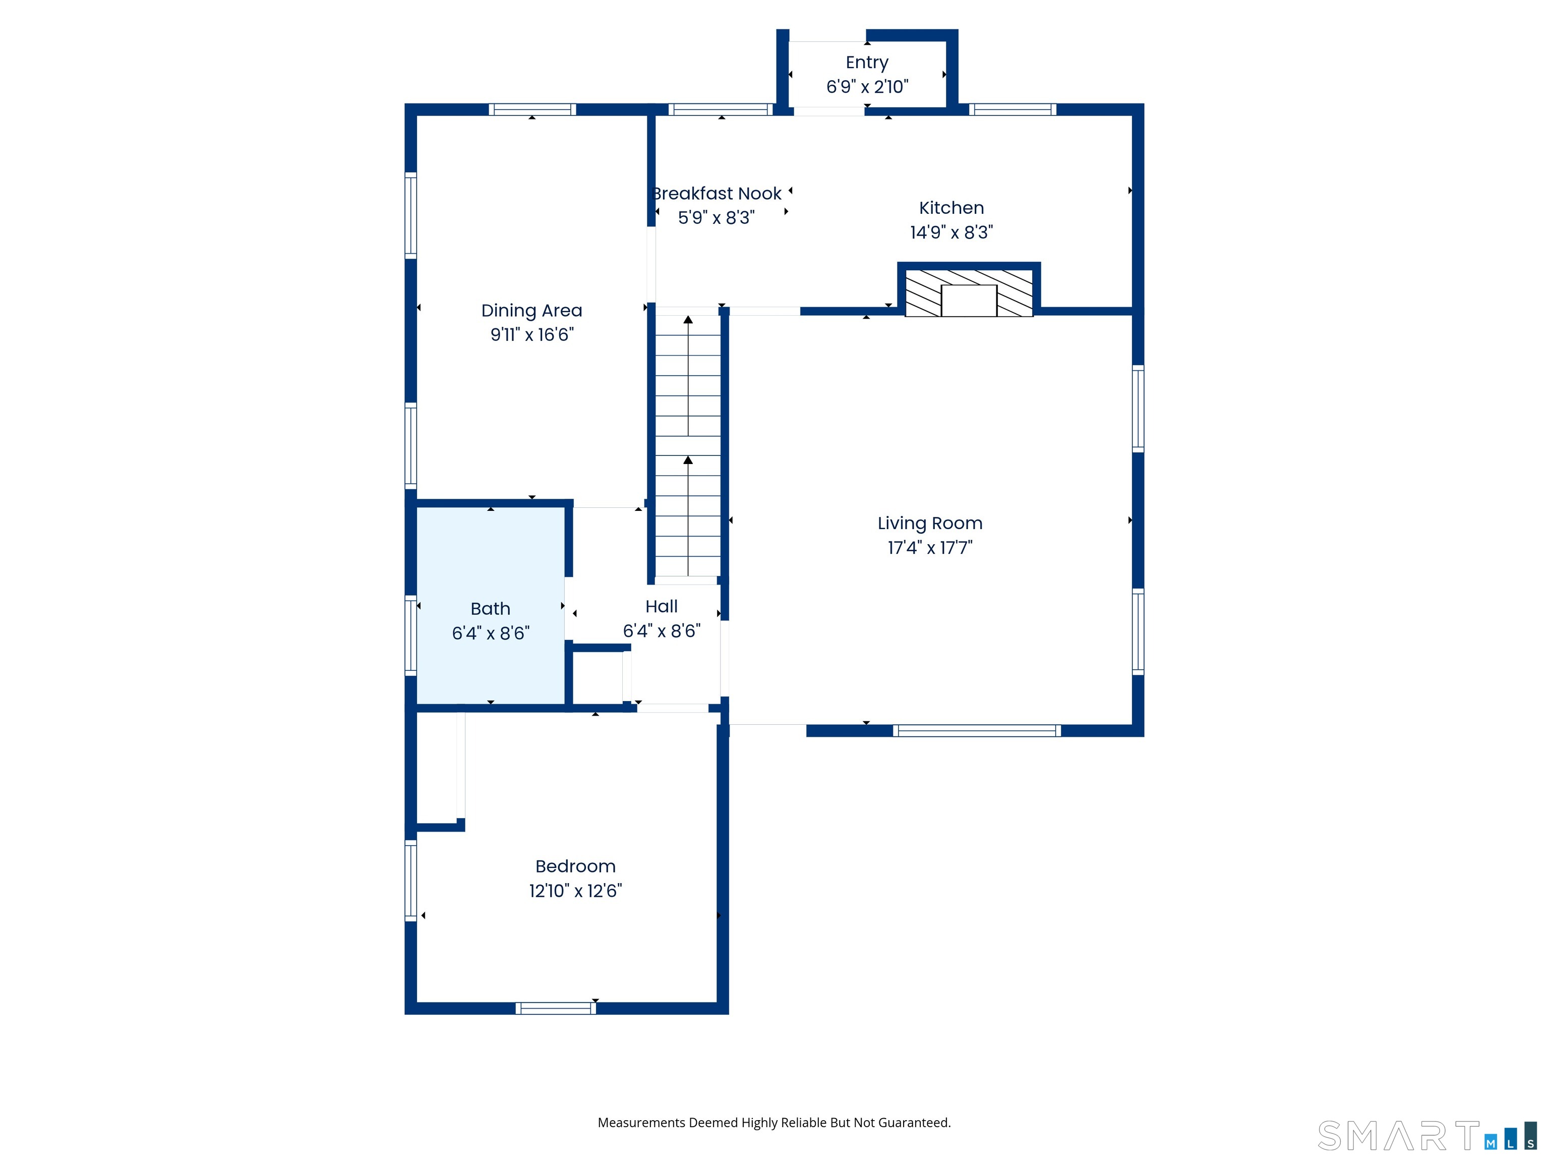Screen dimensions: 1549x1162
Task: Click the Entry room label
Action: coord(867,63)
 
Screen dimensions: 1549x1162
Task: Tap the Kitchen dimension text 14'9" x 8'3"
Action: coord(951,232)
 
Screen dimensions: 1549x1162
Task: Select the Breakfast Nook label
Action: coord(717,193)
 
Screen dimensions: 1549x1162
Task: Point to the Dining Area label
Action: coord(531,310)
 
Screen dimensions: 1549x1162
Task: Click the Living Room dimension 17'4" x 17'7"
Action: coord(930,547)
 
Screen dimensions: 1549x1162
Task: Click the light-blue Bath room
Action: coord(491,605)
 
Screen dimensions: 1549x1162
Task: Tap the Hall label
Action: coord(661,607)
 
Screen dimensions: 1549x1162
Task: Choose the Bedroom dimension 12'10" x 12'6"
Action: coord(575,890)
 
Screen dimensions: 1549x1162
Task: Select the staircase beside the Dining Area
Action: coord(688,447)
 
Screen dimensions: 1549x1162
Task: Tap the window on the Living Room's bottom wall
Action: coord(977,731)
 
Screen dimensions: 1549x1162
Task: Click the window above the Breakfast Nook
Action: coord(721,109)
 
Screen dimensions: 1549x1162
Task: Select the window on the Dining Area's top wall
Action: coord(532,109)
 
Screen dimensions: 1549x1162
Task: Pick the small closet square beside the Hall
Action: coord(598,677)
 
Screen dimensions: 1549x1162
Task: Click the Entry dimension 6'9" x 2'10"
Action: coord(867,87)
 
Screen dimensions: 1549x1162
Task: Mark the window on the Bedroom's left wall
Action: coord(411,881)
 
